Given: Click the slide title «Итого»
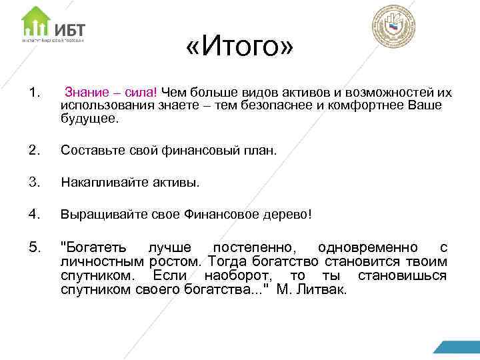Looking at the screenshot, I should coord(240,48).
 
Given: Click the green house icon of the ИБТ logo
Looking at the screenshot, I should coord(35,22).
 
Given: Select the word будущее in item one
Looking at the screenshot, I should coord(88,120).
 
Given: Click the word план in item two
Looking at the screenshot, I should coord(258,151).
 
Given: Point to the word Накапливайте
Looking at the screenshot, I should coord(100,183).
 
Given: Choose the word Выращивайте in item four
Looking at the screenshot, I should coord(97,215).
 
